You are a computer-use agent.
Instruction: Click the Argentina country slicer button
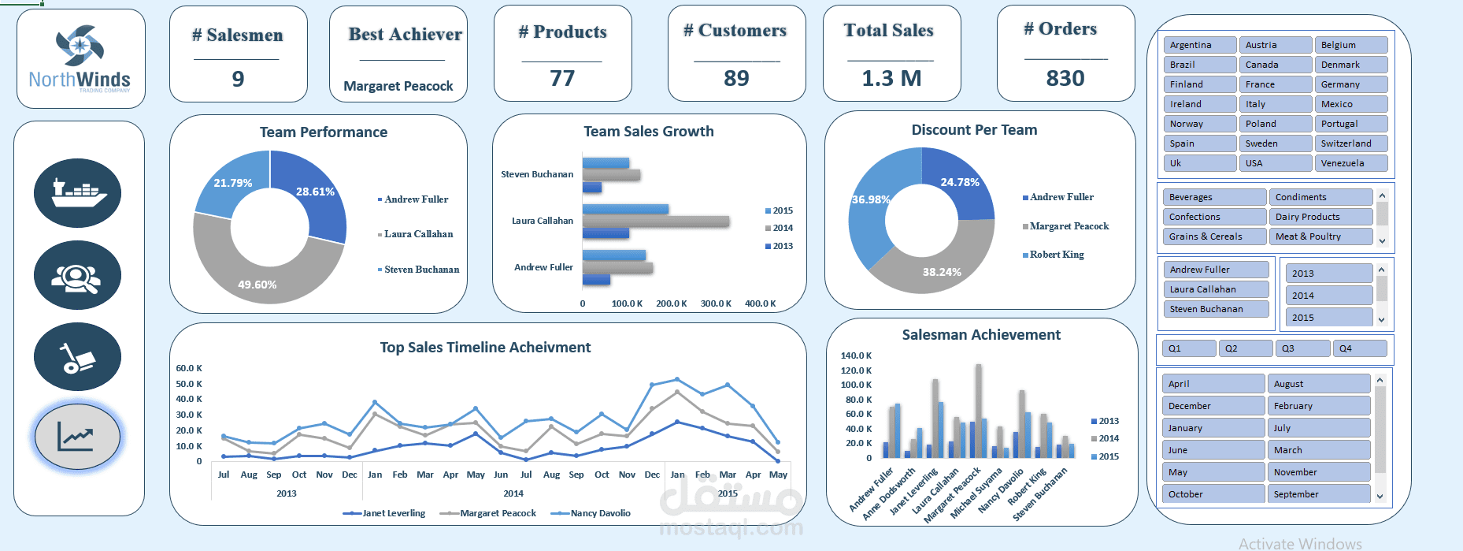click(x=1199, y=45)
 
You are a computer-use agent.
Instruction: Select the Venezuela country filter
click(x=1350, y=163)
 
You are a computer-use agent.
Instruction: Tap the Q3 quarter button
click(x=1302, y=348)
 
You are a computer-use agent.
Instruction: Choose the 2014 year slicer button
click(x=1329, y=296)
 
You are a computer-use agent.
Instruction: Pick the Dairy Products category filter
click(x=1320, y=217)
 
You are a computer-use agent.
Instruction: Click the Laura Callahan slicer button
click(x=1216, y=289)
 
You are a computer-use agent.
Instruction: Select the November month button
click(x=1318, y=472)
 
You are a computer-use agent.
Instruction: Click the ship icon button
click(x=77, y=193)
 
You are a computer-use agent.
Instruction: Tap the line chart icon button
click(x=77, y=437)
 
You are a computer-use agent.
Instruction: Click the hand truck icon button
click(x=77, y=357)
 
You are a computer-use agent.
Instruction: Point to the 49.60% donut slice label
click(x=257, y=285)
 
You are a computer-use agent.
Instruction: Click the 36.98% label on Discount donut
click(x=871, y=199)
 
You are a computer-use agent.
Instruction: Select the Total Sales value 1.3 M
click(x=891, y=79)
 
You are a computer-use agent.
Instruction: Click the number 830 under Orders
click(x=1065, y=79)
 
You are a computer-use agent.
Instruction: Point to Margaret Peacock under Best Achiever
click(x=398, y=86)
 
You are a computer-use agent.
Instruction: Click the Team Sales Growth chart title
click(x=649, y=132)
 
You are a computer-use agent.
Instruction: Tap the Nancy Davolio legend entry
click(x=600, y=513)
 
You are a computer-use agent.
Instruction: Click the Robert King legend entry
click(x=1057, y=255)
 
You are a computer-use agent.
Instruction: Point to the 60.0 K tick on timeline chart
click(x=189, y=368)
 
